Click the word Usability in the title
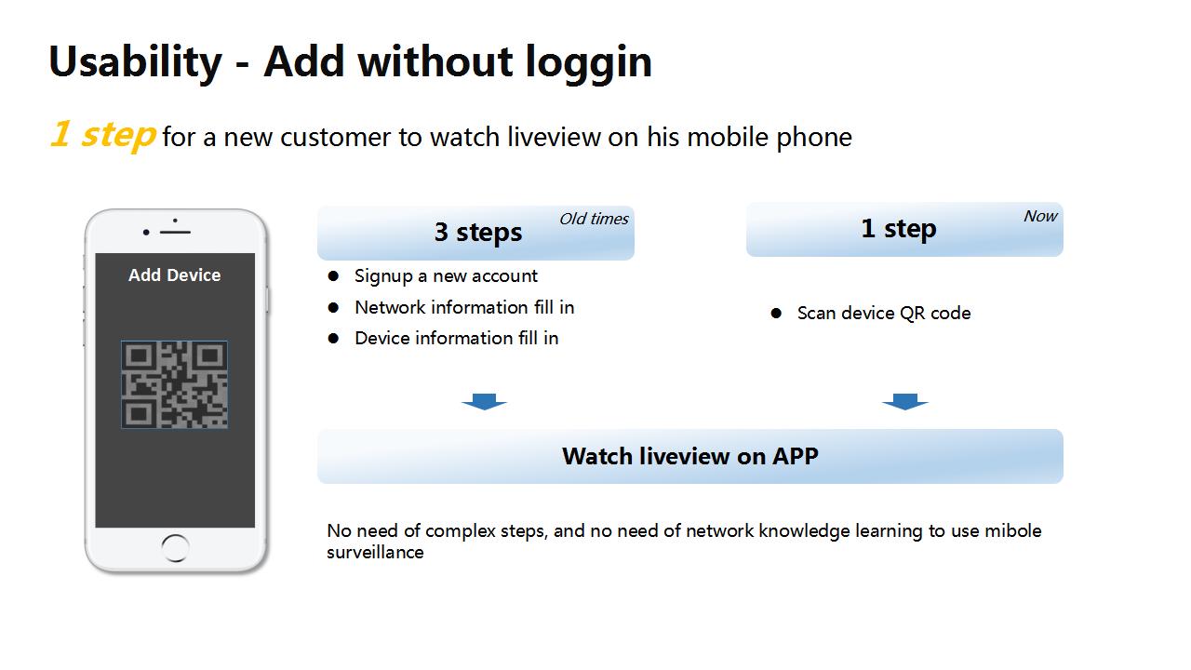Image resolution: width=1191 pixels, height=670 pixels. pos(135,62)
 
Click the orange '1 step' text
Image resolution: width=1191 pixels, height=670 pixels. pos(102,135)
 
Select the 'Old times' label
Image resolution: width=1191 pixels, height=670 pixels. pos(594,219)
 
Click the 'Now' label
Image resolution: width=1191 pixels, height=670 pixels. pos(1040,216)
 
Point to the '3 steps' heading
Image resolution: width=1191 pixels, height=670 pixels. pos(478,233)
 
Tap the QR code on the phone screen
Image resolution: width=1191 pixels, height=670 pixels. pos(174,384)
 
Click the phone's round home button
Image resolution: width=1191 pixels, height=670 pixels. pos(175,548)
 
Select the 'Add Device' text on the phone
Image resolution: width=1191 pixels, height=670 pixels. pos(174,275)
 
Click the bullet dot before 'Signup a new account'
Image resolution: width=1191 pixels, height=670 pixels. pos(333,275)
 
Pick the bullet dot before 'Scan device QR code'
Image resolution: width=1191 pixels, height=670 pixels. pos(776,313)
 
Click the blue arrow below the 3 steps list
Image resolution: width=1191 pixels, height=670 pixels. pos(485,401)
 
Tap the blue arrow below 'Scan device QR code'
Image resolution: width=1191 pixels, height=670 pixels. pos(905,401)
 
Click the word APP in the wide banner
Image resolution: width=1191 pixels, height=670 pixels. pos(795,456)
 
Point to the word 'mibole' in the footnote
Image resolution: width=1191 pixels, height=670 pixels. pos(1013,530)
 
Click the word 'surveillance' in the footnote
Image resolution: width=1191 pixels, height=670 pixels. pos(375,553)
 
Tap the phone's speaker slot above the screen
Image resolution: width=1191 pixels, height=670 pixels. pos(175,233)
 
